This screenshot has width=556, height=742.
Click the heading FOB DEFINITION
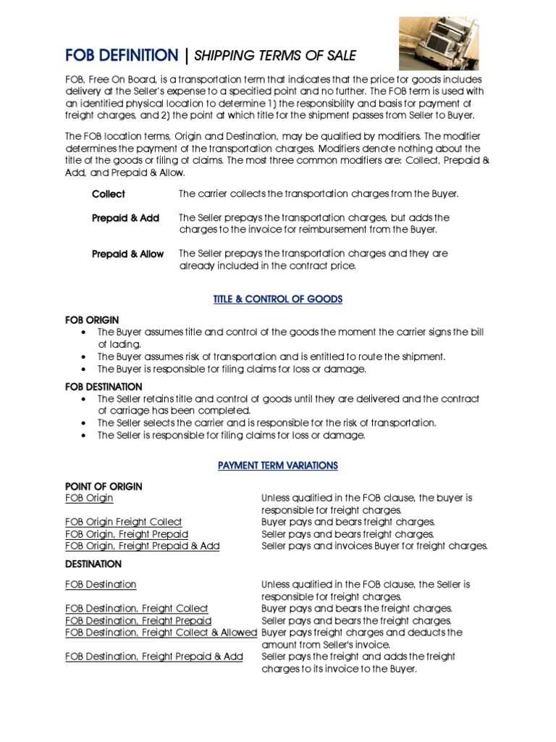click(121, 55)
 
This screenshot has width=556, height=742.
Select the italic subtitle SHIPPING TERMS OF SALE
click(274, 56)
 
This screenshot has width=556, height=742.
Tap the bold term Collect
click(109, 194)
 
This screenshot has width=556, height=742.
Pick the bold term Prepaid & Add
click(125, 218)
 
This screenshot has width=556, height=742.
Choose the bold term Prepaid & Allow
click(127, 254)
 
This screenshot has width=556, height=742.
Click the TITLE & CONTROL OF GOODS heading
click(278, 299)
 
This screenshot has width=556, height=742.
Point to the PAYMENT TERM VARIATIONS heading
click(278, 466)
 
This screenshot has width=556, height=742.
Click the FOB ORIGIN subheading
click(92, 320)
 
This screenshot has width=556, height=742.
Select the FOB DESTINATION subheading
click(104, 387)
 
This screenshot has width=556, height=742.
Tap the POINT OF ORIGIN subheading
click(104, 486)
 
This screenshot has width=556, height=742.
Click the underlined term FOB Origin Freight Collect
click(123, 522)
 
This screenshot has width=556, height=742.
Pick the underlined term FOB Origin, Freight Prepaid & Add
click(142, 546)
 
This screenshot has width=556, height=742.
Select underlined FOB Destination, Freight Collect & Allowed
click(161, 633)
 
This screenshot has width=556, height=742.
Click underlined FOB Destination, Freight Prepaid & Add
click(153, 656)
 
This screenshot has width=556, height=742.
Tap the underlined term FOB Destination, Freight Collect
click(136, 609)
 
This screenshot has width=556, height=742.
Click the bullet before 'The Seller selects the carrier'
click(85, 423)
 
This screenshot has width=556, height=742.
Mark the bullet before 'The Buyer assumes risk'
click(85, 357)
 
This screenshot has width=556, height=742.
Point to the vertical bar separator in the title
click(187, 55)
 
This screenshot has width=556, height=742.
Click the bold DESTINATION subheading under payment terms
click(93, 564)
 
